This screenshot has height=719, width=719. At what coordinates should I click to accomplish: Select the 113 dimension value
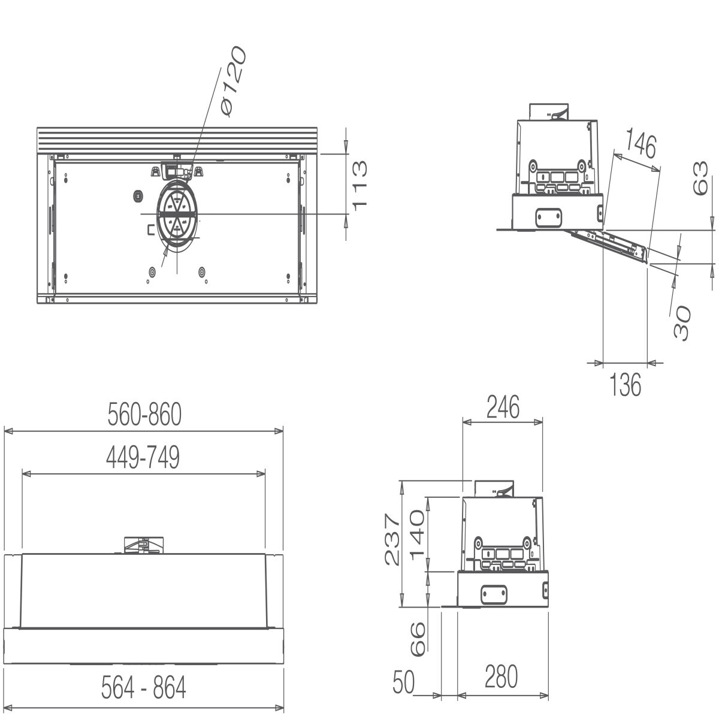pos(359,185)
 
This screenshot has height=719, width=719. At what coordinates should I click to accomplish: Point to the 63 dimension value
pos(700,179)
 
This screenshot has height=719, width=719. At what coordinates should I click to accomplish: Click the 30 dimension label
pos(682,322)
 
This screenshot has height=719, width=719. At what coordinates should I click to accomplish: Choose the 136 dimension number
pos(625,384)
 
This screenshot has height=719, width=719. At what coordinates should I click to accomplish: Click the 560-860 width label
pos(144,415)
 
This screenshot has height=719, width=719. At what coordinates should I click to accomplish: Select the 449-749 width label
pos(143,458)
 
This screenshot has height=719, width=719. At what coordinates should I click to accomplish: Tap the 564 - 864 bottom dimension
pos(143,688)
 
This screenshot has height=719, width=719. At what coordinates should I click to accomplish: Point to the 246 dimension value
pos(502,407)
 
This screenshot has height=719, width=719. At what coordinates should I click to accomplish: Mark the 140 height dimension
pos(417,534)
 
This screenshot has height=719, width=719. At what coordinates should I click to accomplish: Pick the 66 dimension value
pos(417,638)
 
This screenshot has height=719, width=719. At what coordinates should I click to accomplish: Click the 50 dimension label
pos(404,682)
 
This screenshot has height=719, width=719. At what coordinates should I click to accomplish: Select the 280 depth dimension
pos(500,676)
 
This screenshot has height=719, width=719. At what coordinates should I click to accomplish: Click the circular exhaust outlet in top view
pos(177,214)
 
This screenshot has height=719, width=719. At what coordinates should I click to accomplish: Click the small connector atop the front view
pos(142,545)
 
